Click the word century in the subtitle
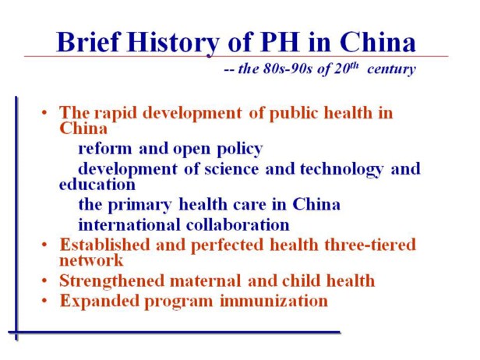[391, 69]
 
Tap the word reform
[105, 149]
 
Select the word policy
[240, 150]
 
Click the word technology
[341, 170]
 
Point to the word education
[97, 184]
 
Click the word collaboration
[238, 225]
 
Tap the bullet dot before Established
[44, 245]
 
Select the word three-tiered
[370, 245]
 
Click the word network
[91, 260]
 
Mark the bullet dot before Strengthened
[44, 281]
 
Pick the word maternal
[205, 281]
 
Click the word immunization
[274, 301]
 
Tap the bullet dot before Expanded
[44, 301]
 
